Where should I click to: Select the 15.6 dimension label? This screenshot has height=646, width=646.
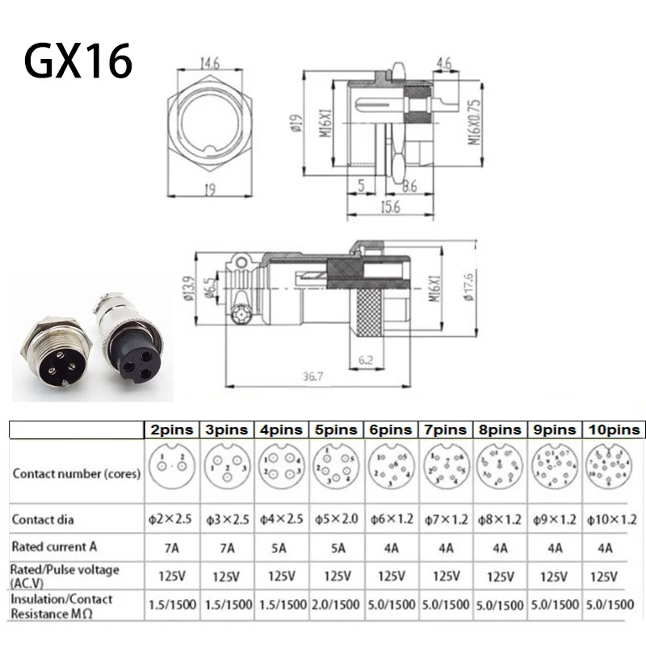pos(390,207)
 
